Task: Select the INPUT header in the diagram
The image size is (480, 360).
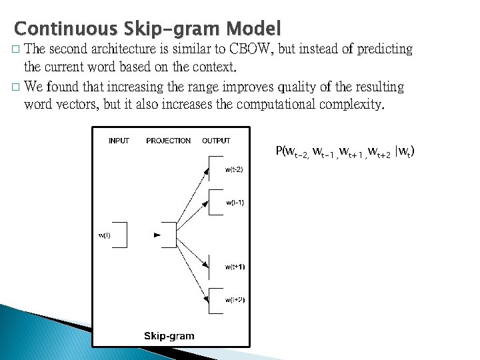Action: pyautogui.click(x=119, y=141)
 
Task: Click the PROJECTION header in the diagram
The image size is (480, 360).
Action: pyautogui.click(x=168, y=141)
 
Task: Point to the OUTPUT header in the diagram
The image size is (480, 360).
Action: pyautogui.click(x=216, y=141)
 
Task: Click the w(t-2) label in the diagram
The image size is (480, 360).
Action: pyautogui.click(x=234, y=170)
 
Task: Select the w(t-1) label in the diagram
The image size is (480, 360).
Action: pyautogui.click(x=235, y=202)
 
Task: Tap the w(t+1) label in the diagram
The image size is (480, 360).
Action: pyautogui.click(x=235, y=267)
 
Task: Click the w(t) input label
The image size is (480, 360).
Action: pyautogui.click(x=105, y=234)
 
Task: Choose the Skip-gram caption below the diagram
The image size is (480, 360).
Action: pyautogui.click(x=169, y=335)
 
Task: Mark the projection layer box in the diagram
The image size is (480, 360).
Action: pyautogui.click(x=166, y=234)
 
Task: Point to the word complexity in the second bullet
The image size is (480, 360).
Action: pyautogui.click(x=351, y=104)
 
